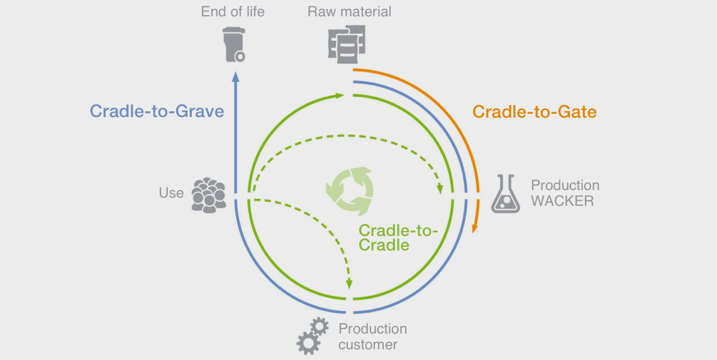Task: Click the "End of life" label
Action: (x=232, y=11)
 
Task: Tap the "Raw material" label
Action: (x=349, y=11)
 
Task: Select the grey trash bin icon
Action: (x=235, y=44)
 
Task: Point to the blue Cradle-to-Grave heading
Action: (x=157, y=111)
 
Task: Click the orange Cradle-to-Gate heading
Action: (x=534, y=112)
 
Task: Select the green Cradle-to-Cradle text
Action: (x=397, y=237)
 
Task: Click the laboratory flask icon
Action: (x=506, y=193)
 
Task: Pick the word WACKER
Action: (x=562, y=201)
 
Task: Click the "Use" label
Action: (x=171, y=193)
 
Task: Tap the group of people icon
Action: (x=208, y=193)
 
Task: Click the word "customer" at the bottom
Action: (x=367, y=345)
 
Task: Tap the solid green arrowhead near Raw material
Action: (x=340, y=96)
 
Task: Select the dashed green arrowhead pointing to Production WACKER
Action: (x=440, y=188)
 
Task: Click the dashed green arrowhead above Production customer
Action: (x=349, y=285)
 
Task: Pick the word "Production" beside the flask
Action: (x=565, y=186)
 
